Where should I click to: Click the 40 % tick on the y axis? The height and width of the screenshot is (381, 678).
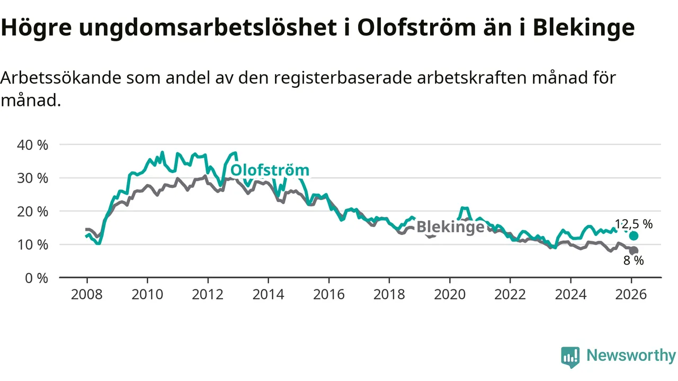click(33, 144)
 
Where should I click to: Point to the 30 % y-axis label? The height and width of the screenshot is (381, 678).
click(33, 178)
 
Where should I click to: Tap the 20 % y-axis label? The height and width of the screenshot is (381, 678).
click(33, 211)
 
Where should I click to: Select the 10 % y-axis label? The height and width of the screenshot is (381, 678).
click(33, 244)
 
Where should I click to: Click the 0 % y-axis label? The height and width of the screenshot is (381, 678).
click(36, 278)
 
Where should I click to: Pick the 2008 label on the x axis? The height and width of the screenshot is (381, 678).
click(87, 294)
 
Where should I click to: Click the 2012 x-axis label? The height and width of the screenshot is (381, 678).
click(208, 294)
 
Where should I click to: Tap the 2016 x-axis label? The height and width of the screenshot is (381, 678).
click(328, 294)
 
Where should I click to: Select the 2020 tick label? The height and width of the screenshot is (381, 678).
click(450, 294)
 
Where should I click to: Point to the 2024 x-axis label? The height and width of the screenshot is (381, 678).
click(570, 294)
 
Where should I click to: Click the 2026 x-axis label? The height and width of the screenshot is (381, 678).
click(631, 294)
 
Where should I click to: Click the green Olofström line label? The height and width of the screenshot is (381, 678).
click(270, 170)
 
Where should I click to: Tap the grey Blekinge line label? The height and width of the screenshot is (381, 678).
click(450, 227)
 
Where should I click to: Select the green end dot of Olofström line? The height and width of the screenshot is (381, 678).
click(634, 235)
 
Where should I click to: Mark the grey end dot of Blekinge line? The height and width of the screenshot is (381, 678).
click(634, 250)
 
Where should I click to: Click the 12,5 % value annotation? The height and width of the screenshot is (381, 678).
click(634, 224)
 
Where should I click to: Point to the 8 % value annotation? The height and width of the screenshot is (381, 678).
click(634, 260)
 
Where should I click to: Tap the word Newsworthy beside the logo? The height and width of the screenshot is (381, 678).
click(631, 355)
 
